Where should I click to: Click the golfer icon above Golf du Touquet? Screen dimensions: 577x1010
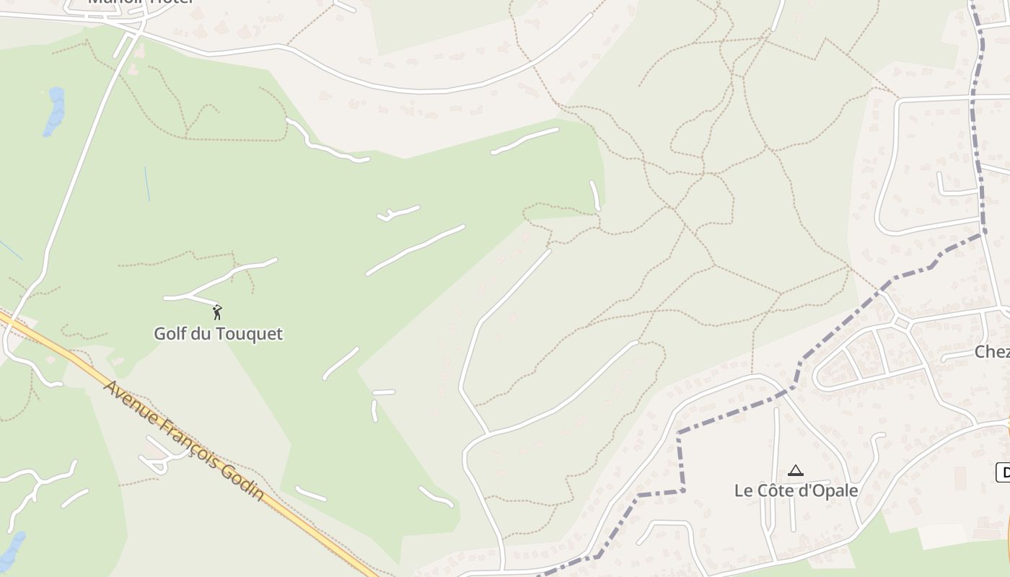(217, 312)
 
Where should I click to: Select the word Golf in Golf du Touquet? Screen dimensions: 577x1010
(167, 334)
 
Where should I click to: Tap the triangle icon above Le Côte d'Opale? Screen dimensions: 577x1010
(796, 471)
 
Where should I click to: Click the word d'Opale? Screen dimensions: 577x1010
(831, 490)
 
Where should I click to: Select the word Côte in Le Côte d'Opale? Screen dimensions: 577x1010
(776, 490)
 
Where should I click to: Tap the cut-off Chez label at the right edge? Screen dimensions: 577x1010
(991, 352)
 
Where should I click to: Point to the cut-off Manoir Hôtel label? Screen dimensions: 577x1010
(141, 2)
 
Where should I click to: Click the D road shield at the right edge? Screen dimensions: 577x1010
(1003, 473)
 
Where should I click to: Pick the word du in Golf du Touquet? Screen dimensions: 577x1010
(203, 334)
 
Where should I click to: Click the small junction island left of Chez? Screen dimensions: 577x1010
(901, 323)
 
